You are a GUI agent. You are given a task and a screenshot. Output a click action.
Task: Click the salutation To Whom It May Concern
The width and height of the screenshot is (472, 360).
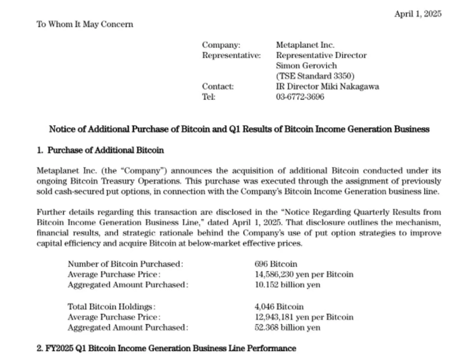coord(85,24)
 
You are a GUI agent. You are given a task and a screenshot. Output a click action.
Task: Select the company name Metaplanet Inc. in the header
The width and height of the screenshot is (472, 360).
coord(305,45)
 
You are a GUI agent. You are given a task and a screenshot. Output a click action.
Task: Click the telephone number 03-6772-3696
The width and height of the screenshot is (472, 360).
coord(300,97)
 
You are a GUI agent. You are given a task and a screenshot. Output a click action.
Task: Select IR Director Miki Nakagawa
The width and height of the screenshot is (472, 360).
coord(327,87)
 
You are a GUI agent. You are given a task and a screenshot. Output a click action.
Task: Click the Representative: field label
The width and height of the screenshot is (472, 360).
coord(231,55)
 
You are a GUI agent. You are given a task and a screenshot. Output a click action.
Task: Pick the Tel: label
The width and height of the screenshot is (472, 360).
coord(208,97)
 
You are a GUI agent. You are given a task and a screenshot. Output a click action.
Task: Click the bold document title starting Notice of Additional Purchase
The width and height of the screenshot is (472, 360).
coord(239,129)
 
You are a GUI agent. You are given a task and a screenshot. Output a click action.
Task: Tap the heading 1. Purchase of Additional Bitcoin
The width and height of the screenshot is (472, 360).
coord(100,150)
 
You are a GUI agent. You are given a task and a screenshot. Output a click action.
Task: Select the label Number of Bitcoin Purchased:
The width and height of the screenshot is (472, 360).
coord(125,264)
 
